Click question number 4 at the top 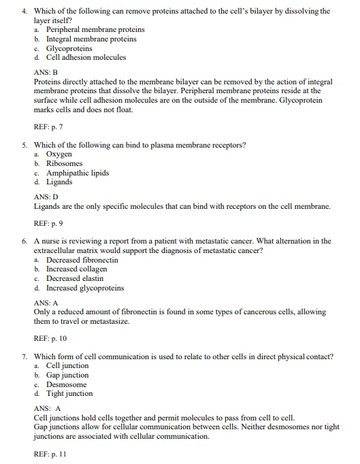point(24,11)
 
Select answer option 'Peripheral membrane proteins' point(95,30)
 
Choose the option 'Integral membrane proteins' point(91,39)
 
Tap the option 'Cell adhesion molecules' point(86,58)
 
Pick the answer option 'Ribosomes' point(64,164)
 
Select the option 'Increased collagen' point(76,269)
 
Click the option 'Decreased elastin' point(75,278)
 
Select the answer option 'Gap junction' point(67,375)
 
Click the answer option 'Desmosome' point(65,384)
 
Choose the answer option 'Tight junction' point(69,393)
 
